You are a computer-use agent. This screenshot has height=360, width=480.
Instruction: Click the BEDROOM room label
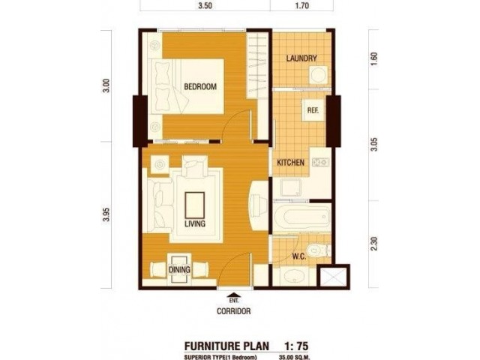200,87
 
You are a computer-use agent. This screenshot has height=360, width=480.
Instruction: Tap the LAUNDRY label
301,58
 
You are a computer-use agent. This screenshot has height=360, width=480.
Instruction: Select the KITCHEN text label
290,163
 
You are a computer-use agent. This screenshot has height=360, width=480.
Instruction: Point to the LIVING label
195,223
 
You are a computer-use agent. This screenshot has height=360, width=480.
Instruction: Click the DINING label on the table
179,270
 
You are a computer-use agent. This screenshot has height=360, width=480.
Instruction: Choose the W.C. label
299,256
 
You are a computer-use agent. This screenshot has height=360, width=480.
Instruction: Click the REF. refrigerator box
313,110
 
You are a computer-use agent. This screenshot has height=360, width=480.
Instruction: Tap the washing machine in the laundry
318,75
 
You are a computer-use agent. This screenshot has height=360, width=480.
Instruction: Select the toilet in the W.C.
319,250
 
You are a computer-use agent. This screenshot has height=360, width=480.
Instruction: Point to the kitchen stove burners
320,162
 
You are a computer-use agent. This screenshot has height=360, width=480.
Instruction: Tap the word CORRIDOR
233,311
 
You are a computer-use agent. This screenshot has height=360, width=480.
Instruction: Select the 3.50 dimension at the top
205,6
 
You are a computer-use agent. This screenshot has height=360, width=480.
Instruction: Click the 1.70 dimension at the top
301,6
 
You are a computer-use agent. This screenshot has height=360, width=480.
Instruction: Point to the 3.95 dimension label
106,215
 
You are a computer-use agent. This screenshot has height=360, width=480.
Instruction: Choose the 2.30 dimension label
374,244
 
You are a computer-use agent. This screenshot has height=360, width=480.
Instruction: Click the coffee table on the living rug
195,205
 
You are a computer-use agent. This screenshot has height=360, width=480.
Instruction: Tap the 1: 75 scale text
296,346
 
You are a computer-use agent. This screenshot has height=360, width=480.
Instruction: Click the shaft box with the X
333,277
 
